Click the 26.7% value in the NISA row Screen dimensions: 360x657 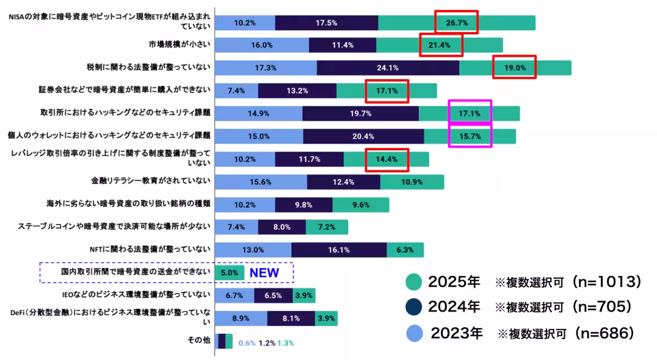pyautogui.click(x=456, y=23)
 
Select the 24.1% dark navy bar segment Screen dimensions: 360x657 pyautogui.click(x=388, y=68)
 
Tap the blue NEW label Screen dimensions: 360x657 pyautogui.click(x=264, y=272)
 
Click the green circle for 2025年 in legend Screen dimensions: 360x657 pyautogui.click(x=414, y=282)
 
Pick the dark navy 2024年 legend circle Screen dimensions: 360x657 pyautogui.click(x=414, y=307)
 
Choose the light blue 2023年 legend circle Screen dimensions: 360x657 pyautogui.click(x=414, y=333)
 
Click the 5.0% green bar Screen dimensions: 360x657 pyautogui.click(x=229, y=272)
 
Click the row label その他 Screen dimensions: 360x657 pyautogui.click(x=199, y=340)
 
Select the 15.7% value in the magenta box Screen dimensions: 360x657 pyautogui.click(x=470, y=136)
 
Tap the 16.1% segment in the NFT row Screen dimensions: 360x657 pyautogui.click(x=339, y=250)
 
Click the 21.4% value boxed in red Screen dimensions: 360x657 pyautogui.click(x=441, y=45)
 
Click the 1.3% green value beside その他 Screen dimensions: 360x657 pyautogui.click(x=285, y=343)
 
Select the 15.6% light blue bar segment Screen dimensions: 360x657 pyautogui.click(x=261, y=182)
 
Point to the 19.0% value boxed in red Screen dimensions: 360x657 pyautogui.click(x=515, y=68)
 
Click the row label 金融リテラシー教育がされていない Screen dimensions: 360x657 pyautogui.click(x=151, y=181)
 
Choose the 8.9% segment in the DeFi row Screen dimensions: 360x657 pyautogui.click(x=241, y=318)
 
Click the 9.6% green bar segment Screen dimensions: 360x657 pyautogui.click(x=360, y=205)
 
